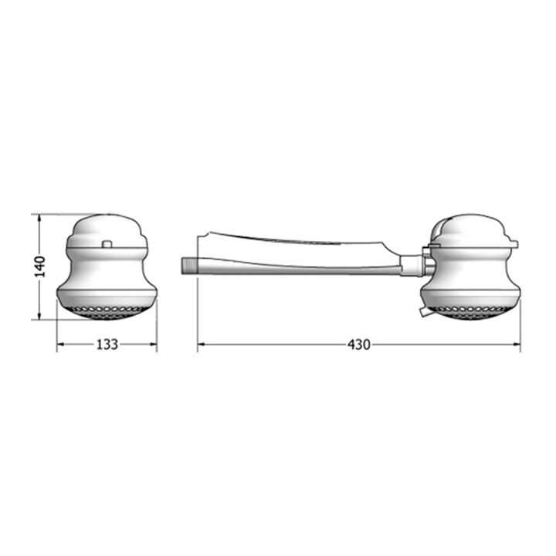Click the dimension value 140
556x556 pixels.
click(x=41, y=266)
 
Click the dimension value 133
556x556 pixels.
click(x=107, y=344)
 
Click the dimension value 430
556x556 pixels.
click(x=358, y=344)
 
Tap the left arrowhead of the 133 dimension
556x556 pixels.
click(x=61, y=344)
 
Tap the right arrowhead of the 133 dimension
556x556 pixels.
click(x=153, y=344)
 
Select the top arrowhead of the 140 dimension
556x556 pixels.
click(x=39, y=218)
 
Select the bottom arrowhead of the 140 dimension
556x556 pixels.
click(x=39, y=315)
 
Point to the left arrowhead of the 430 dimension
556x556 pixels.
click(x=202, y=344)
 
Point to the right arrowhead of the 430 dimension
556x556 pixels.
click(x=517, y=344)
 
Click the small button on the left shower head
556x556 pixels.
click(x=107, y=244)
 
